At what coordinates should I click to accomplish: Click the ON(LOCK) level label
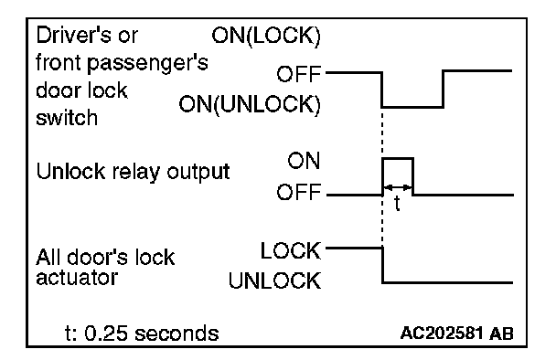coord(266,36)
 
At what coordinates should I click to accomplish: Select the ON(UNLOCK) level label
coord(250,104)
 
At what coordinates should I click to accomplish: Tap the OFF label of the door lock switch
coord(298,74)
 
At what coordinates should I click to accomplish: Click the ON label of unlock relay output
coord(304,161)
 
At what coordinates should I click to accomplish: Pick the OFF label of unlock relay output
coord(298,193)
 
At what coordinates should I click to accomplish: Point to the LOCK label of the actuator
coord(291,250)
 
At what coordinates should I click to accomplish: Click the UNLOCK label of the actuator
coord(275,281)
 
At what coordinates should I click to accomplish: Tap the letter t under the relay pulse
coord(397,204)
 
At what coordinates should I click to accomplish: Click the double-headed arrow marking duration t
coord(398,187)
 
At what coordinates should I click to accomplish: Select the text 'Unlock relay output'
coord(133,172)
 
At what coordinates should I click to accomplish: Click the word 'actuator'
coord(77,278)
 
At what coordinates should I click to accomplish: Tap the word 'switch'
coord(67,118)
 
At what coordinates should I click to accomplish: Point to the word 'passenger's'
coord(147,64)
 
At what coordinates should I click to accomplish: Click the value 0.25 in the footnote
coord(106,334)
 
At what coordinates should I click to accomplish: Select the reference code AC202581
coord(442,334)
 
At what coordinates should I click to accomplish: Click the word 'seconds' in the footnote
coord(176,334)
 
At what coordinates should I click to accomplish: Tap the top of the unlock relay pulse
coord(398,158)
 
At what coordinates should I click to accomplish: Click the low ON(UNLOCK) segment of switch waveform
coord(412,107)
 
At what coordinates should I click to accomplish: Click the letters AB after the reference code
coord(501,334)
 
